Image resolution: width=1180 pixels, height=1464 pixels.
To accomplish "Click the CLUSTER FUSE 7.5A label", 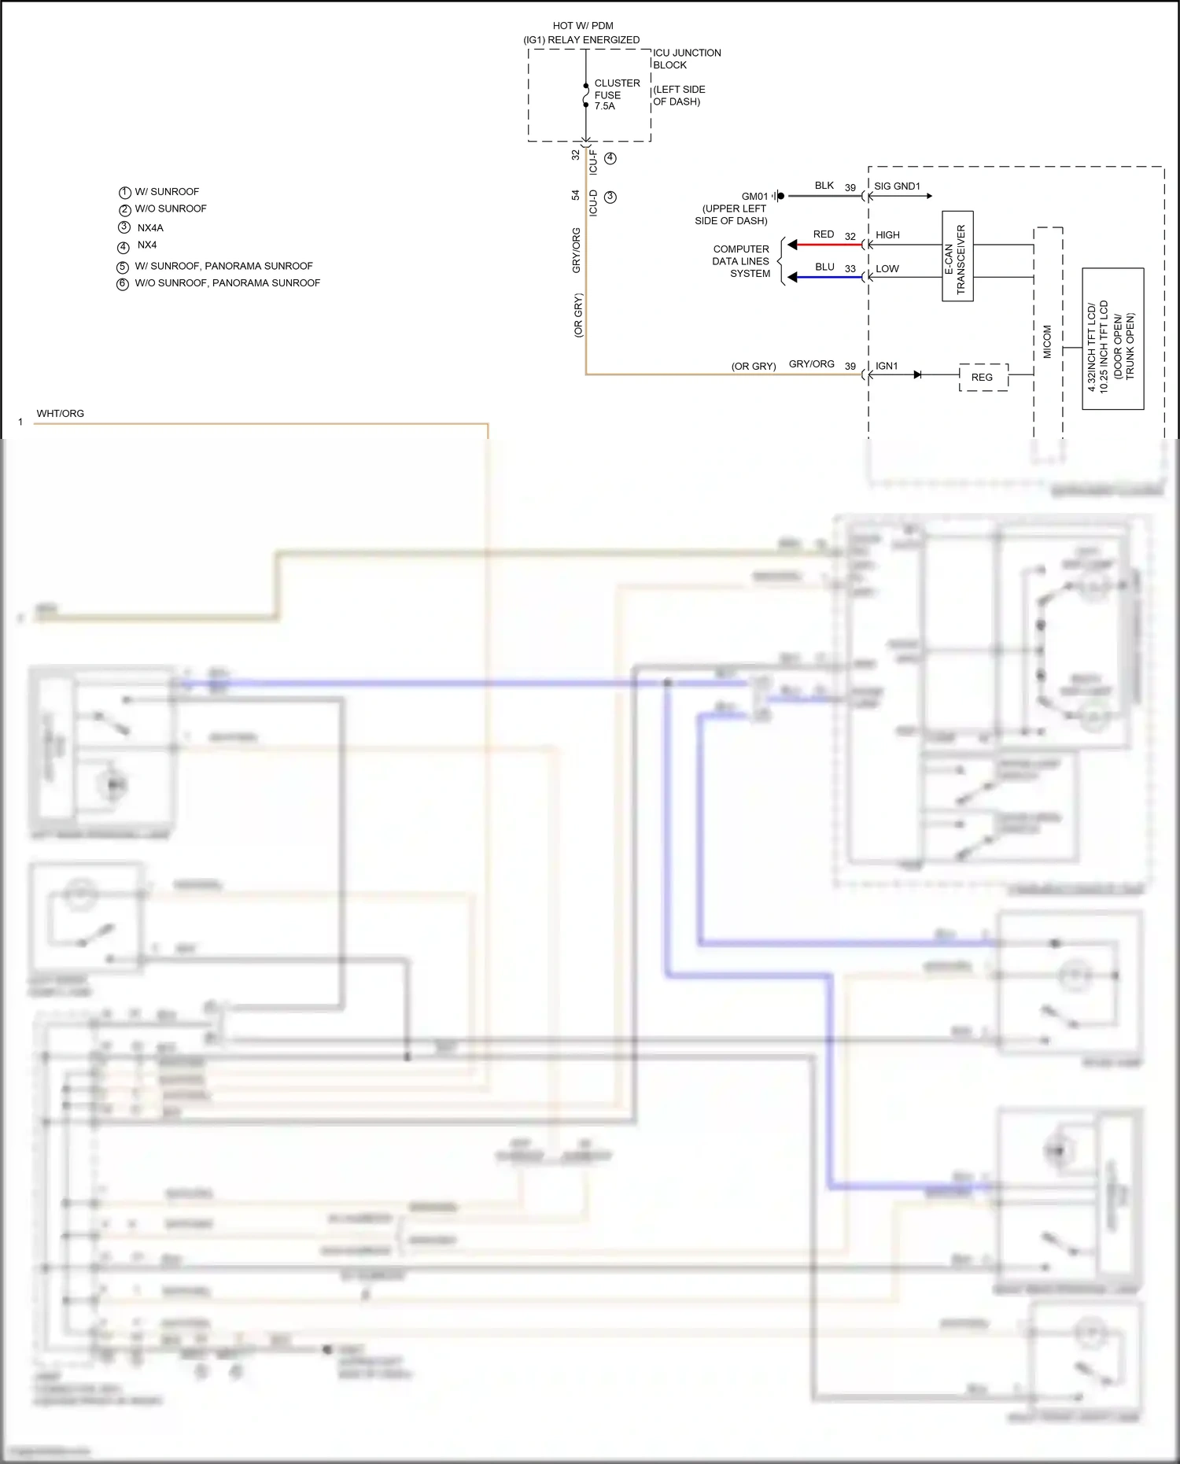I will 616,94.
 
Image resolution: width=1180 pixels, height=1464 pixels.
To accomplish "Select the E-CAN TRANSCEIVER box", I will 957,256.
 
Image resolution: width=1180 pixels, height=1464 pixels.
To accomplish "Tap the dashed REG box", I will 983,378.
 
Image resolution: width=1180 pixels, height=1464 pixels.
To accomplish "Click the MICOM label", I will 1047,342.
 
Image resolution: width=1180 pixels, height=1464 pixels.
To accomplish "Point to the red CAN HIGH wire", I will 830,245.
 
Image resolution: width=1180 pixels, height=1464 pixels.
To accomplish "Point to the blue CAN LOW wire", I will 830,278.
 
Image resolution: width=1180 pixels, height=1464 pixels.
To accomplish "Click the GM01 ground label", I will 754,197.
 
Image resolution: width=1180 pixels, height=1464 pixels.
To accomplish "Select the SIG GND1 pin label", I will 897,186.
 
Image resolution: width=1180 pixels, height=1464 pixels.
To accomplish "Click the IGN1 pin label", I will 887,366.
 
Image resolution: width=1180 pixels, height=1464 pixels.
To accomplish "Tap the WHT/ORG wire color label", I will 60,414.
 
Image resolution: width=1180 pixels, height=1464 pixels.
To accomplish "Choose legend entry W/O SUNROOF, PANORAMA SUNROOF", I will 227,283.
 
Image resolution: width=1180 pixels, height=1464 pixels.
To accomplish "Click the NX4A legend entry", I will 149,228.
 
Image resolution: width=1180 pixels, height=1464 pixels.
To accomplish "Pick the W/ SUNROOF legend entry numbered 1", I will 166,192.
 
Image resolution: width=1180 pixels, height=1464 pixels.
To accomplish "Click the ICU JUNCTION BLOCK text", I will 686,59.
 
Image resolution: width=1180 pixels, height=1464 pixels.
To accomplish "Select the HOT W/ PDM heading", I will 582,26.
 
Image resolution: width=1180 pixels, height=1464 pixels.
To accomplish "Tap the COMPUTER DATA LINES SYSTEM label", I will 741,261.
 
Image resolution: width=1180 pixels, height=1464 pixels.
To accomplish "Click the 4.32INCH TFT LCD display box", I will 1112,339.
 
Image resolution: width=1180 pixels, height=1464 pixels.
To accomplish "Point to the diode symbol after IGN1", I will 917,375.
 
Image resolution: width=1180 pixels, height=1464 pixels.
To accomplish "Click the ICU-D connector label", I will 593,203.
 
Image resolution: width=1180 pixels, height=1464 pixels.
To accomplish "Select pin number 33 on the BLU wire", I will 850,269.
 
